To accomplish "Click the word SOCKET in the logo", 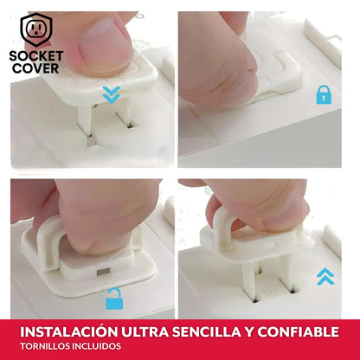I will pyautogui.click(x=36, y=55).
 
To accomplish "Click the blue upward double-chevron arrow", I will pyautogui.click(x=325, y=275).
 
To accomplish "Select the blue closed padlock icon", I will pyautogui.click(x=325, y=94).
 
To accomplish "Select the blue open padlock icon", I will pyautogui.click(x=113, y=299).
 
